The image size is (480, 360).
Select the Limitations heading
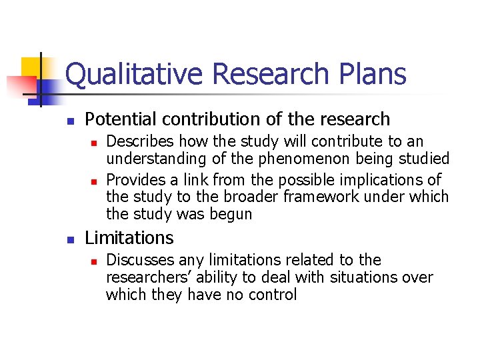click(x=129, y=238)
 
